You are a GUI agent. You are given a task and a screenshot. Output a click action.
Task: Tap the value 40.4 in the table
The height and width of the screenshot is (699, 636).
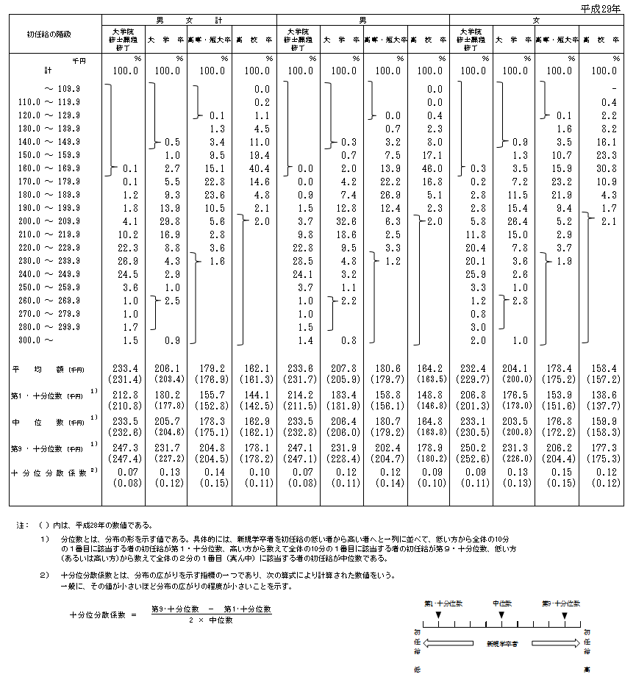pyautogui.click(x=257, y=168)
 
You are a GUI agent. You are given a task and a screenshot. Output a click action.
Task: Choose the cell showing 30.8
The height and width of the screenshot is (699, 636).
pyautogui.click(x=604, y=168)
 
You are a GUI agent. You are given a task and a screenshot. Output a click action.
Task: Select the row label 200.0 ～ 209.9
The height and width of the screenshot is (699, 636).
pyautogui.click(x=49, y=221)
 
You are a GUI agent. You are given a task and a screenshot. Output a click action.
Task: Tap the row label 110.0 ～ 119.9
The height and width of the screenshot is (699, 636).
pyautogui.click(x=49, y=102)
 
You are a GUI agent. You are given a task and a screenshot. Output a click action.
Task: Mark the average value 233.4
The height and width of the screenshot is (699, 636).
pyautogui.click(x=125, y=368)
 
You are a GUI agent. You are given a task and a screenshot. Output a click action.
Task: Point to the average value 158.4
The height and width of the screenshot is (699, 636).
pyautogui.click(x=604, y=368)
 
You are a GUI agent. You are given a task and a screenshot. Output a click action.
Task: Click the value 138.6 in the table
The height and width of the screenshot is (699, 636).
pyautogui.click(x=604, y=394)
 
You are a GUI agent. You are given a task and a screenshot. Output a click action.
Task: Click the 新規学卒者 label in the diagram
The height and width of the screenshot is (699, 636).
pyautogui.click(x=502, y=643)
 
